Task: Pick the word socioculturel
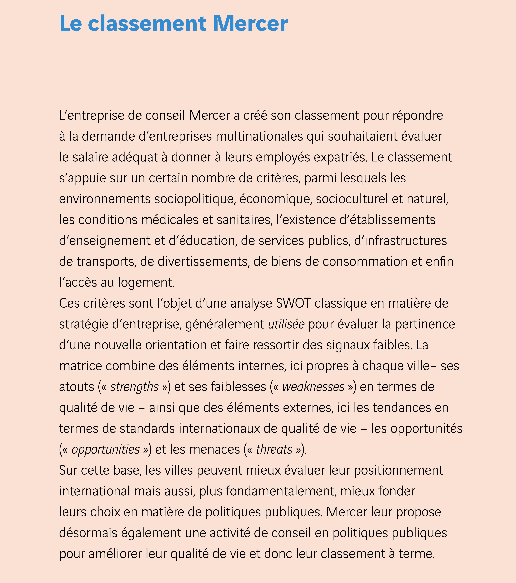coord(352,199)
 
